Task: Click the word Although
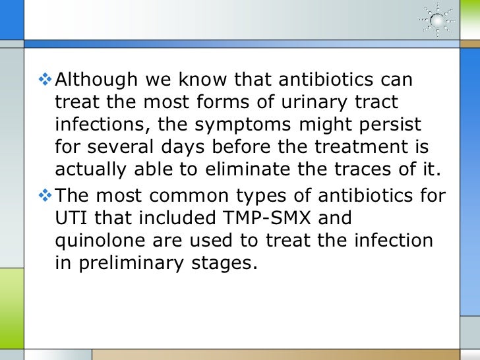tap(95, 82)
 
